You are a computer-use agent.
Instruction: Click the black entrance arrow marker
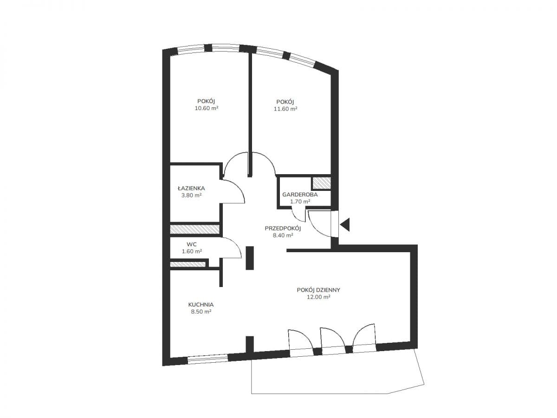[346, 224]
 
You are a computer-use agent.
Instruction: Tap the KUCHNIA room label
[201, 305]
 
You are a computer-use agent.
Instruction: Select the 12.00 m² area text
[318, 297]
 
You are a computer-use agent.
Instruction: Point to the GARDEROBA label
[300, 195]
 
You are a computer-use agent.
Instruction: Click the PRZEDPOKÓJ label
[283, 228]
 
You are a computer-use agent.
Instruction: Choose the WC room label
[192, 244]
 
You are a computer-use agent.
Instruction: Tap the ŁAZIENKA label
[191, 188]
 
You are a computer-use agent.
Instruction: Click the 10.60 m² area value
[207, 108]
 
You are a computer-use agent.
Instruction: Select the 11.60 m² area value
[285, 109]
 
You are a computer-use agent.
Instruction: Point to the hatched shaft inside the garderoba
[321, 183]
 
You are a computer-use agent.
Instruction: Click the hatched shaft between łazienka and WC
[194, 229]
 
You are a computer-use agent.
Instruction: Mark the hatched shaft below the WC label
[188, 264]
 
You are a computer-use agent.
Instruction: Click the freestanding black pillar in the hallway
[250, 258]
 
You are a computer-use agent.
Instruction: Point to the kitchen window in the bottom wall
[207, 359]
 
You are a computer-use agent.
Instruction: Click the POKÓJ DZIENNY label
[318, 290]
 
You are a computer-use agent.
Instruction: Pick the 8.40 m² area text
[283, 235]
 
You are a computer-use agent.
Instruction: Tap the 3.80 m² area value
[191, 195]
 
